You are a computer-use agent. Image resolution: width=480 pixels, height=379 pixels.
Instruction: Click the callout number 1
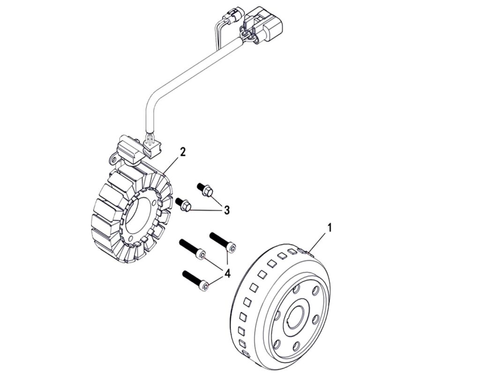pyautogui.click(x=330, y=228)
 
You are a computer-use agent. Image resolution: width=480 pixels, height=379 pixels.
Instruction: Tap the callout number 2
pyautogui.click(x=183, y=151)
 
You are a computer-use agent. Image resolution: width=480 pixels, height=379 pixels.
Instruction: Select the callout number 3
pyautogui.click(x=226, y=210)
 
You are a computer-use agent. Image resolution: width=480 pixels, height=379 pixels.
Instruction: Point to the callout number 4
pyautogui.click(x=227, y=273)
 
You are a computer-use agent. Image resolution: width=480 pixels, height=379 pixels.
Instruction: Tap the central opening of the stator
pyautogui.click(x=140, y=216)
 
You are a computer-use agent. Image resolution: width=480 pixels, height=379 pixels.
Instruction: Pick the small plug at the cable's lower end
pyautogui.click(x=152, y=147)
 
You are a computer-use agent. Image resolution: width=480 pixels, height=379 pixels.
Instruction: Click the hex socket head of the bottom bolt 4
pyautogui.click(x=204, y=285)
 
